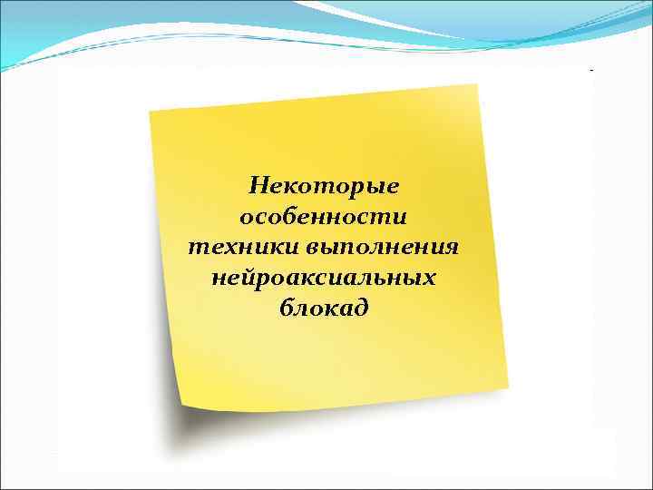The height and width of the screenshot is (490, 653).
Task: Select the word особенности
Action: pos(323,217)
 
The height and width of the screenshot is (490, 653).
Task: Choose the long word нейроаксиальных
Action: pos(324,277)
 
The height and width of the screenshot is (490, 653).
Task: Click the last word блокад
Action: pos(324,307)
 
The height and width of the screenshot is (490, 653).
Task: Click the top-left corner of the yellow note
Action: pos(151,112)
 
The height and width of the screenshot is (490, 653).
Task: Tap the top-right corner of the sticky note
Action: pos(476,85)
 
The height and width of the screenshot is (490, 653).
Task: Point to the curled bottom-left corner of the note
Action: pos(183,405)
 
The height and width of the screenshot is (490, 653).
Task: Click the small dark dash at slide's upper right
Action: pos(591,69)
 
